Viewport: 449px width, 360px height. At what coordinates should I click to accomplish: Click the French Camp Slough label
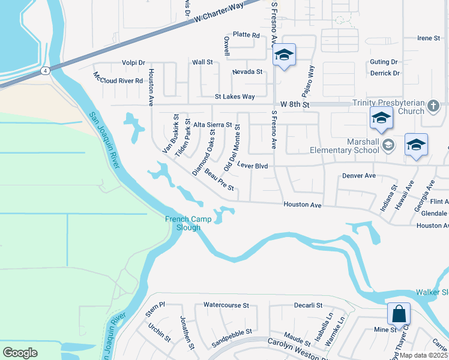[188, 223]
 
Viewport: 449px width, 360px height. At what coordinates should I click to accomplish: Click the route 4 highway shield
[46, 71]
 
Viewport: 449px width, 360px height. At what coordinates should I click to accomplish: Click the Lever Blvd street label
[252, 164]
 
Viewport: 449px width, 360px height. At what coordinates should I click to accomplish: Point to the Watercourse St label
[226, 305]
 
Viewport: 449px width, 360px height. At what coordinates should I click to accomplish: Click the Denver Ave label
[358, 176]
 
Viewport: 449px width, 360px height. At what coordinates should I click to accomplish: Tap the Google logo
[20, 353]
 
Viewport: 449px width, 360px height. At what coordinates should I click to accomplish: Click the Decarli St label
[309, 305]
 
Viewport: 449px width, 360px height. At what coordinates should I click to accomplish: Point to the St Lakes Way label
[235, 97]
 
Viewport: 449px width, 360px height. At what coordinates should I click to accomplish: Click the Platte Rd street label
[246, 35]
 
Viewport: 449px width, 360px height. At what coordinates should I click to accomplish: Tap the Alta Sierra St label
[212, 125]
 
